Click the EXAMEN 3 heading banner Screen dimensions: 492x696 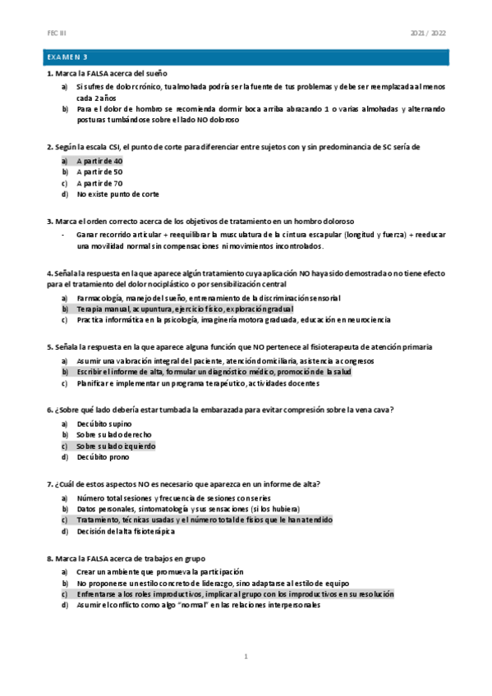coord(246,57)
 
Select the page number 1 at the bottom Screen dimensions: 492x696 coord(246,657)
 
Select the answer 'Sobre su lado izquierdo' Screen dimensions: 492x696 coord(115,446)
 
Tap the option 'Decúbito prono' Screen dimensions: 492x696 coord(103,457)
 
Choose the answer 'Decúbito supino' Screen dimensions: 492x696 coord(104,424)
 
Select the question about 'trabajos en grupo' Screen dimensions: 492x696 coord(131,557)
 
